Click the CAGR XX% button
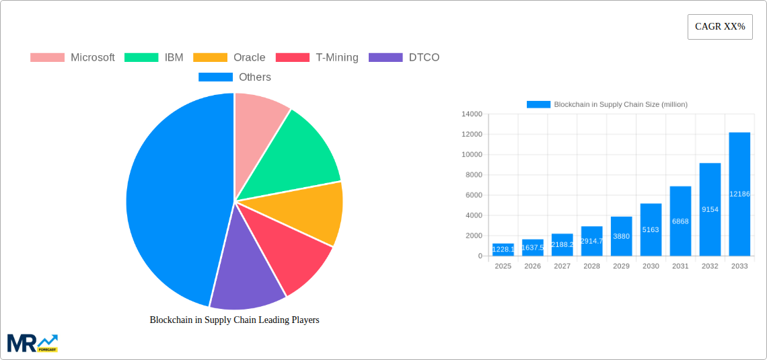click(x=720, y=27)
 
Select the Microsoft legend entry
click(x=73, y=58)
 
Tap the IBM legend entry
click(x=154, y=58)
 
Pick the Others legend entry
click(x=235, y=77)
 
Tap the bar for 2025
click(x=503, y=250)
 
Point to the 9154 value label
click(x=710, y=210)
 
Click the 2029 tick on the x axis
click(x=621, y=266)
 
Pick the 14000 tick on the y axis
click(x=472, y=114)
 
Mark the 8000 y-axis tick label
click(x=474, y=175)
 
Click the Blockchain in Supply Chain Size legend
click(x=607, y=104)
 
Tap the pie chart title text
click(x=234, y=320)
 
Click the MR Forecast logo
click(x=32, y=343)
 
